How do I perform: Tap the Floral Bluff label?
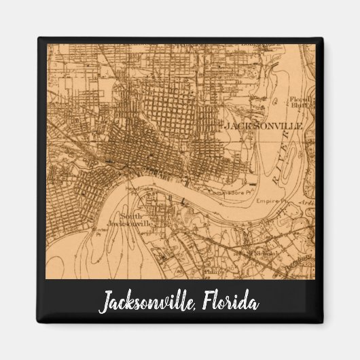(x=300, y=103)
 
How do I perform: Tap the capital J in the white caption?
(x=105, y=303)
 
